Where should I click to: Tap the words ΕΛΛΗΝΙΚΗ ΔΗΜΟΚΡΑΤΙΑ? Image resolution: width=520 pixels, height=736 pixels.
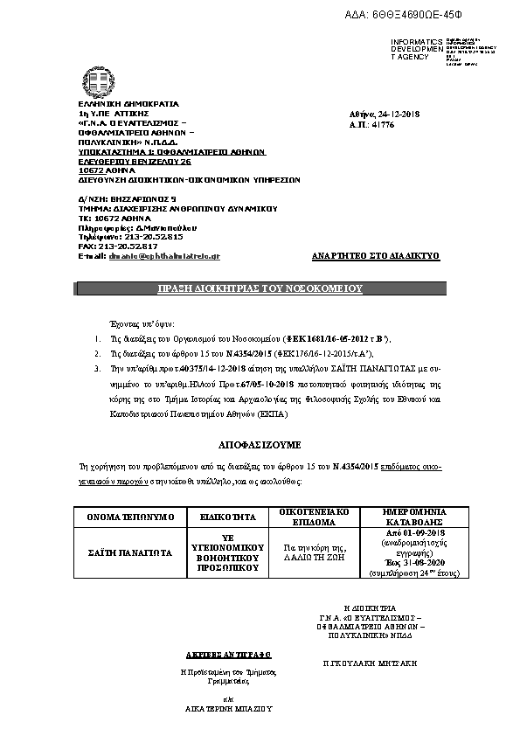tap(115, 104)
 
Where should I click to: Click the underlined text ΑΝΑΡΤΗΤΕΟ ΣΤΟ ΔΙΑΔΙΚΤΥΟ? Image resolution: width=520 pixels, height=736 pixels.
tap(375, 256)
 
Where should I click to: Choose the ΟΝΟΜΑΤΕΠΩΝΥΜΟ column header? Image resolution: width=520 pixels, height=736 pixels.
tap(132, 517)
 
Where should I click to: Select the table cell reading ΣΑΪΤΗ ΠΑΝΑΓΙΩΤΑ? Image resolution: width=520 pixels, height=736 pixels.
tap(132, 552)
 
